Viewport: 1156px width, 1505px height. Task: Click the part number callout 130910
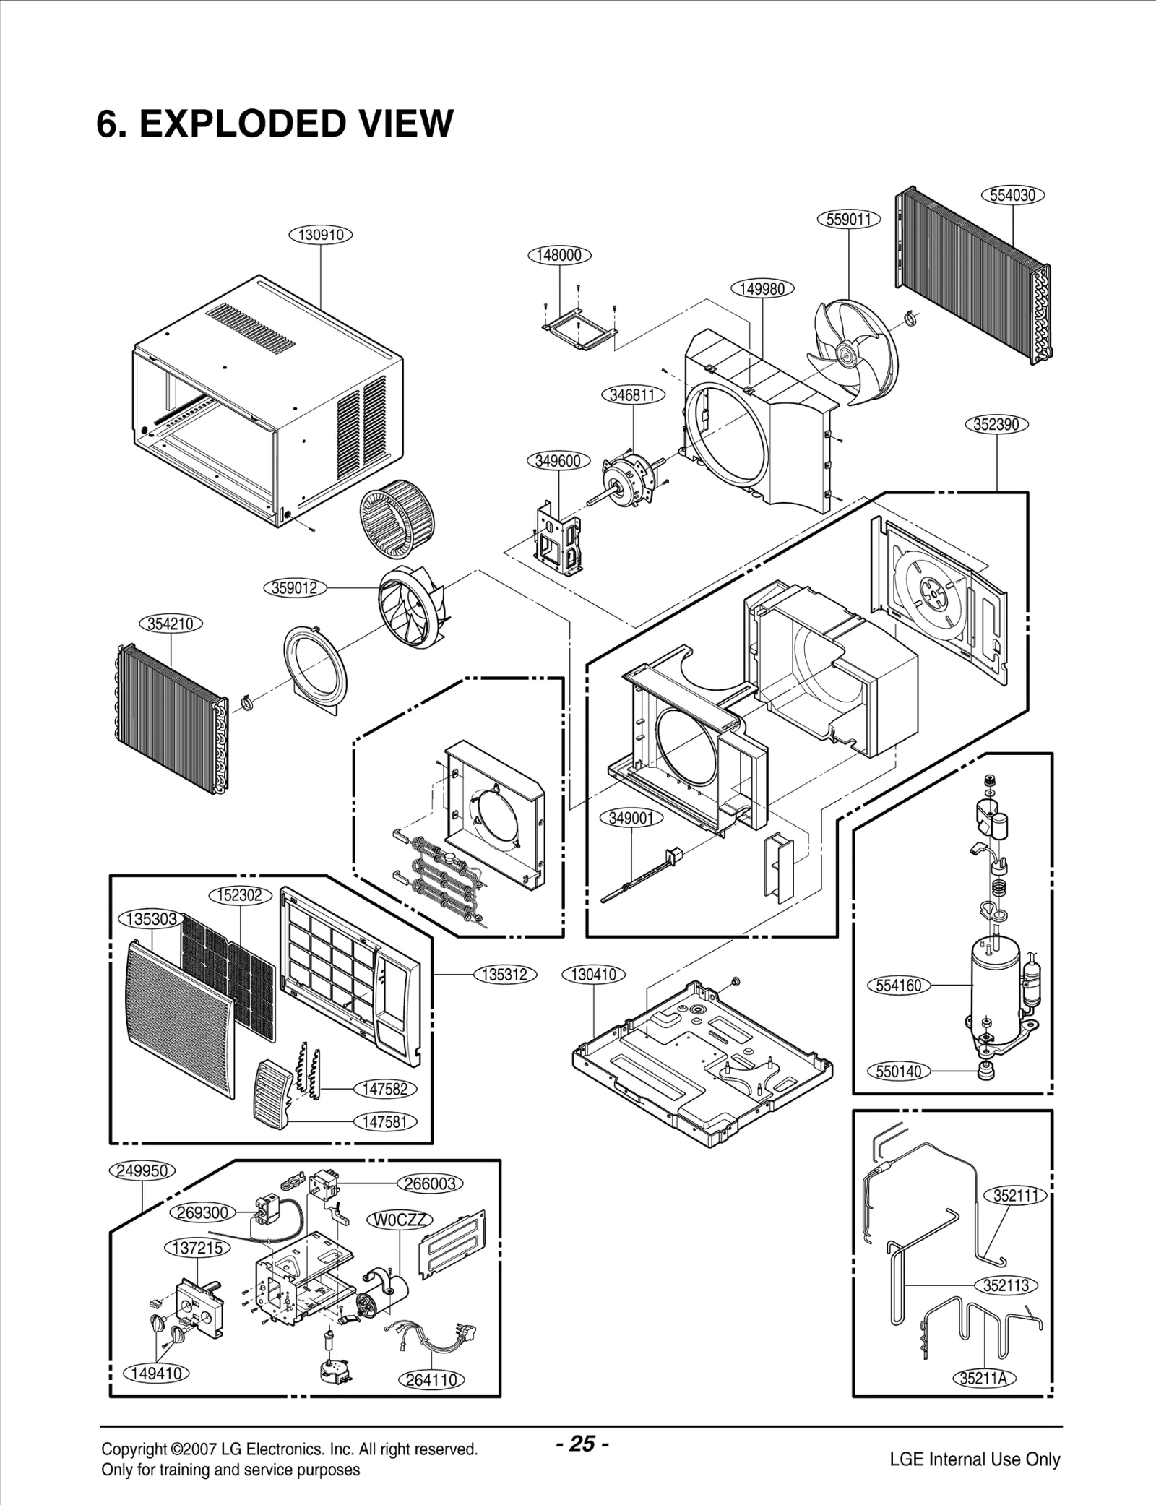pyautogui.click(x=320, y=235)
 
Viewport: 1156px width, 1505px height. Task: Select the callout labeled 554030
pyautogui.click(x=1013, y=195)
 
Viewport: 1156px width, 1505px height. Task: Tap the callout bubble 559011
pyautogui.click(x=848, y=219)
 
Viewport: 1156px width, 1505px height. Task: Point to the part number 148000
pyautogui.click(x=559, y=255)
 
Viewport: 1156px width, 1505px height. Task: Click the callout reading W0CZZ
pyautogui.click(x=400, y=1220)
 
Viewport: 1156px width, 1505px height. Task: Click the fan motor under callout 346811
pyautogui.click(x=629, y=478)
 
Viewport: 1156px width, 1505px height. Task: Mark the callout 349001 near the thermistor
pyautogui.click(x=631, y=818)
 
